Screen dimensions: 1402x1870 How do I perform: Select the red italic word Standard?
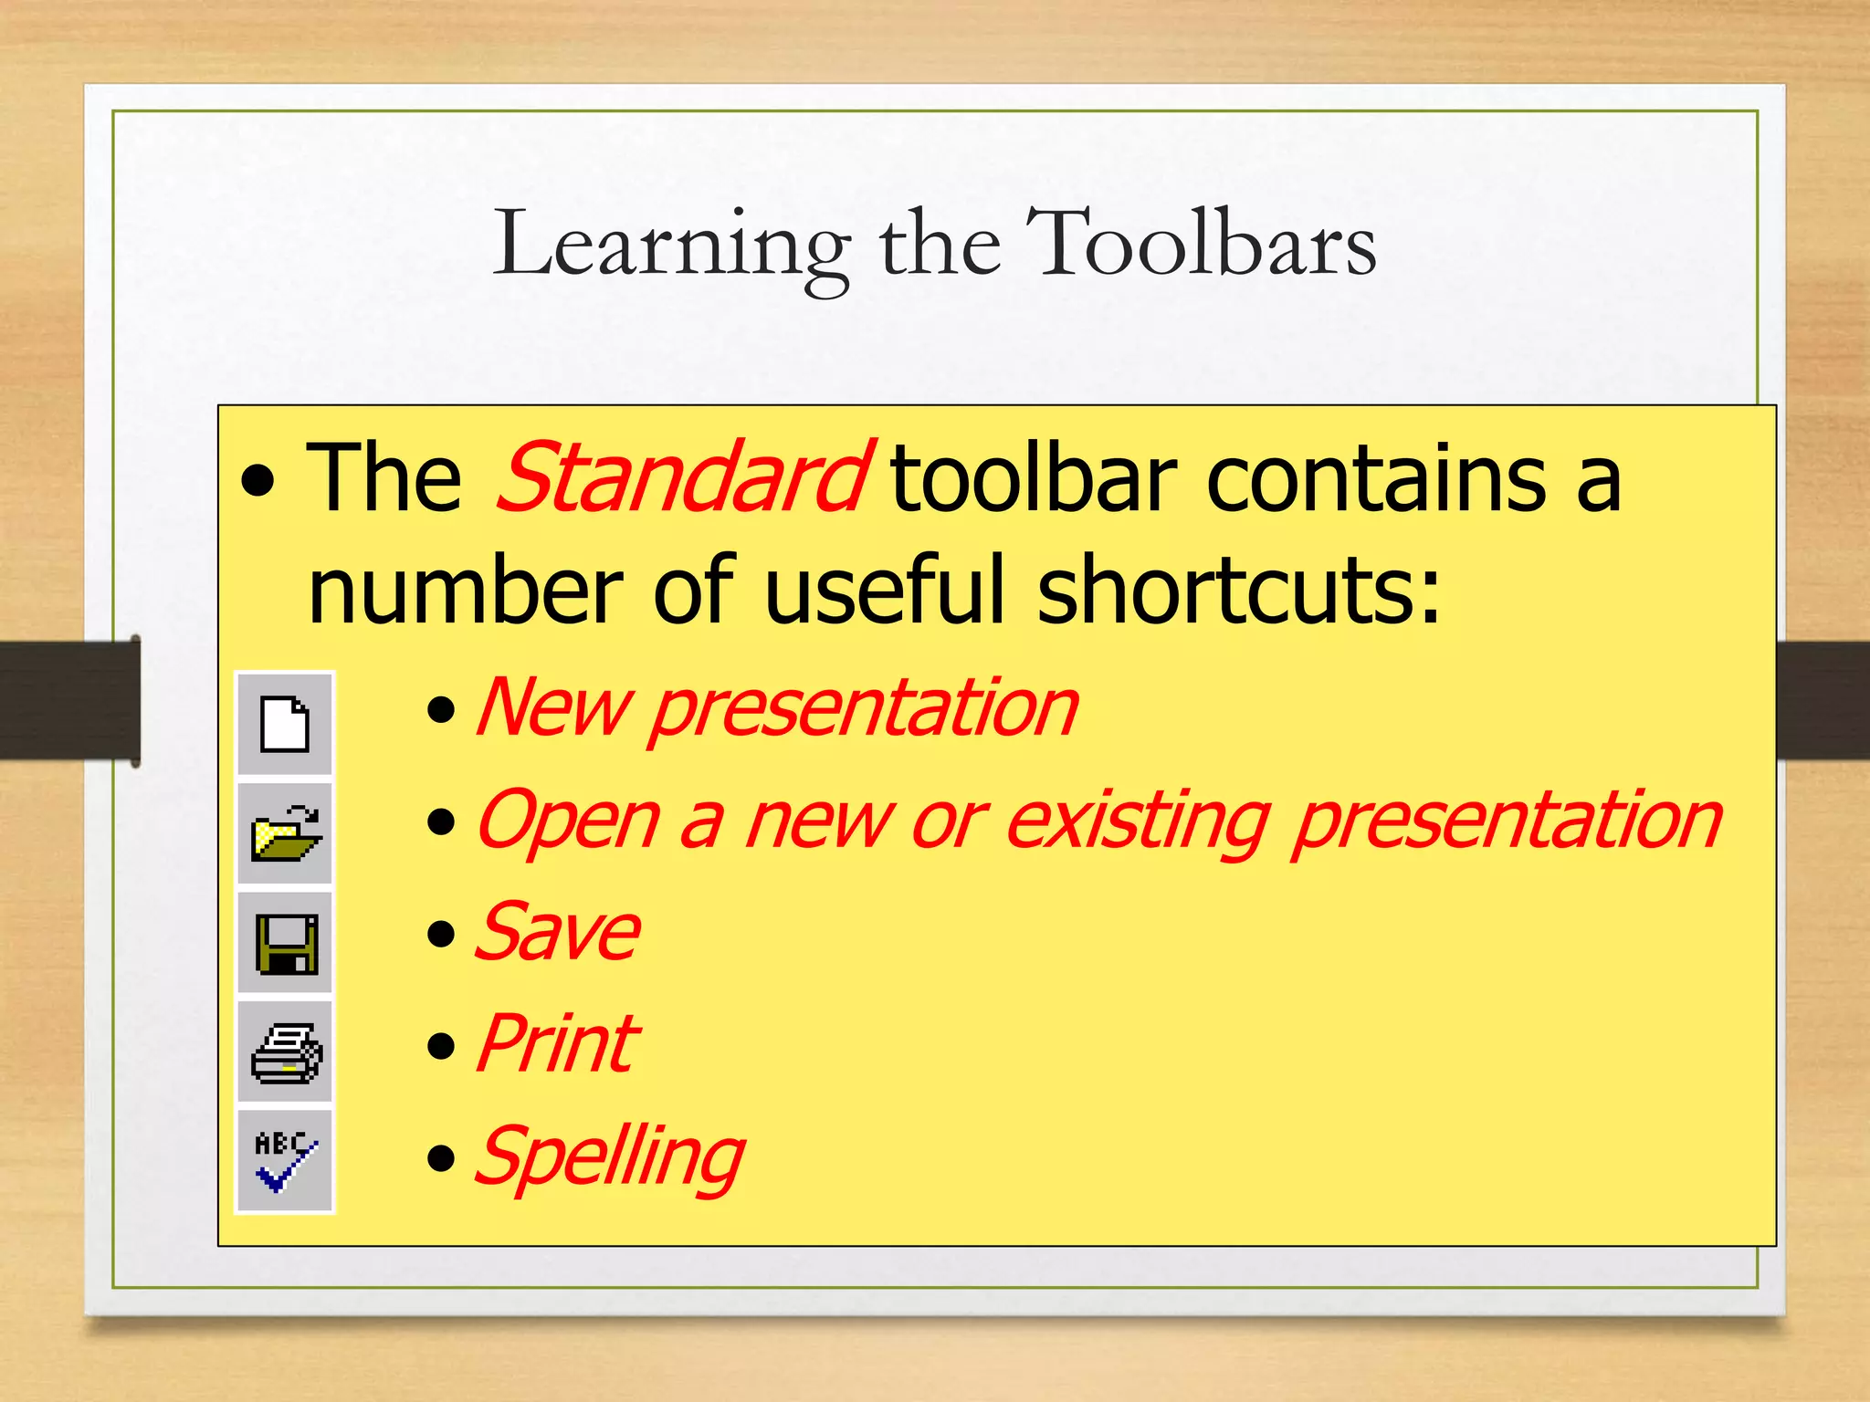pyautogui.click(x=683, y=478)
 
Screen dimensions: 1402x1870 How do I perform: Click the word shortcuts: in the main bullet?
pyautogui.click(x=1238, y=591)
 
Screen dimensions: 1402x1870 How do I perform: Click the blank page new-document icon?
pyautogui.click(x=285, y=724)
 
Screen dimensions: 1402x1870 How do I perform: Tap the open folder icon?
pyautogui.click(x=285, y=833)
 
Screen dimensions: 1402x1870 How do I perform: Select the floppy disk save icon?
pyautogui.click(x=285, y=943)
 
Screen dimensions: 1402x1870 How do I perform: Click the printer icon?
pyautogui.click(x=285, y=1052)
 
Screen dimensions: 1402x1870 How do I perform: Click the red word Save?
pyautogui.click(x=557, y=933)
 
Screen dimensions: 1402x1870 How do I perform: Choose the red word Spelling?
pyautogui.click(x=610, y=1157)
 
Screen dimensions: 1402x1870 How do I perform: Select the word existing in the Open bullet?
pyautogui.click(x=1137, y=821)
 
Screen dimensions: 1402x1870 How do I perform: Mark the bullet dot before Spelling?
pyautogui.click(x=441, y=1158)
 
